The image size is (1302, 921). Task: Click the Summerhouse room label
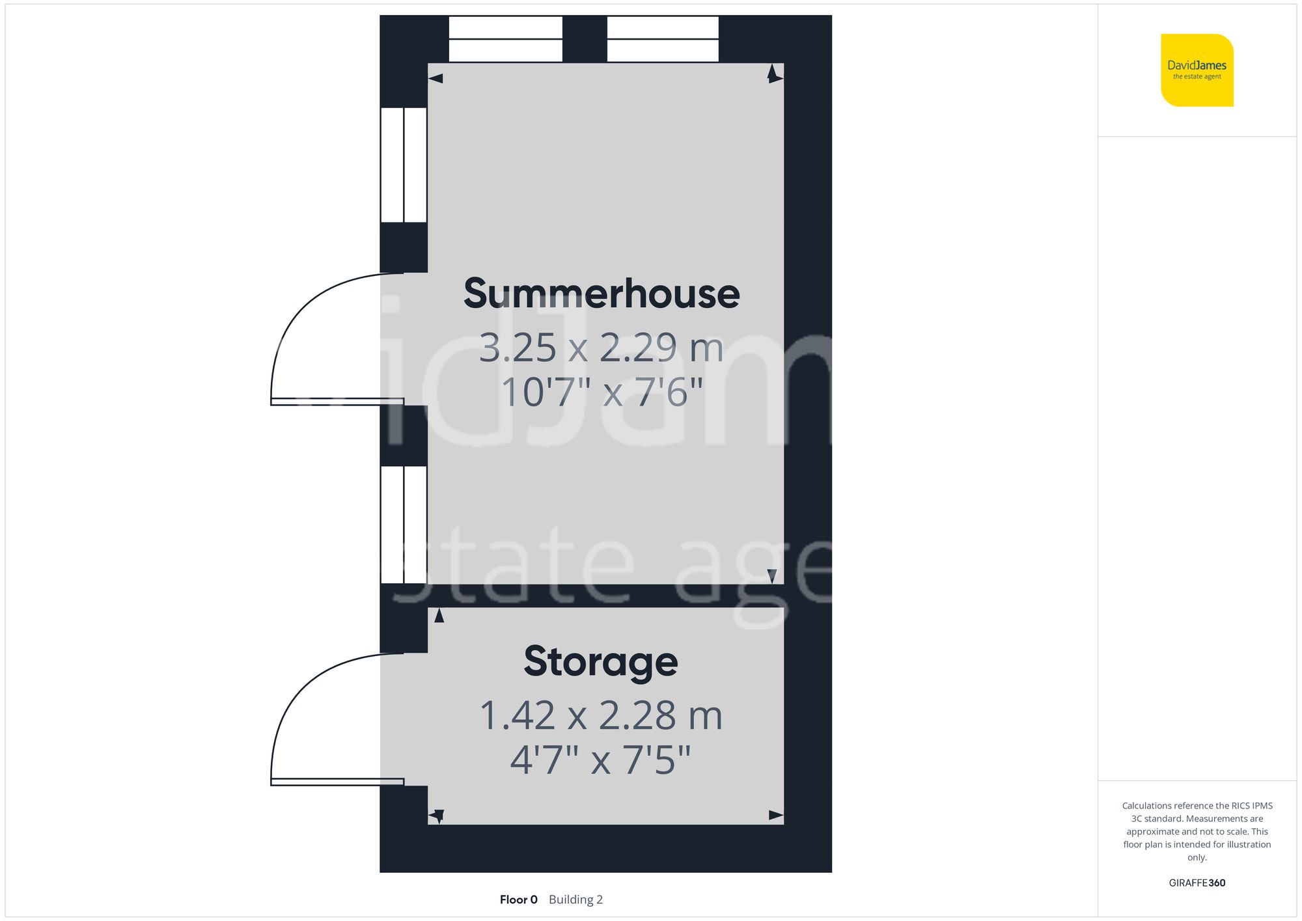[x=602, y=294]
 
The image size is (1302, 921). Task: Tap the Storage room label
[x=601, y=661]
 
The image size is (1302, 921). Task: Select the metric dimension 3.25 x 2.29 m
[x=602, y=348]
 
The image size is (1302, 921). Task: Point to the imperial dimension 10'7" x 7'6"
[x=602, y=392]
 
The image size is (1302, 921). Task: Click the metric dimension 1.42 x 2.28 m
[x=601, y=715]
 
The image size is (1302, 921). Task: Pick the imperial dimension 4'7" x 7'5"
[x=600, y=760]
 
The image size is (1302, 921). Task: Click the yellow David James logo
[x=1197, y=70]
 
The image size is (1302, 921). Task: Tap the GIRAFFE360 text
[x=1197, y=883]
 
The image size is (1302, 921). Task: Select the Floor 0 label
[x=518, y=900]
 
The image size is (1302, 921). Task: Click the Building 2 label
[x=575, y=900]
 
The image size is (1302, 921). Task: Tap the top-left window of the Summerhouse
[x=506, y=39]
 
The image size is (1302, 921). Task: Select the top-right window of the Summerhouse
[x=663, y=39]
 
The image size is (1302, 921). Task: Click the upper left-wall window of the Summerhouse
[x=404, y=165]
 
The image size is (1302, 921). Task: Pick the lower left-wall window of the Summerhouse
[x=404, y=525]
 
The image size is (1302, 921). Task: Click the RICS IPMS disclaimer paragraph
[x=1197, y=831]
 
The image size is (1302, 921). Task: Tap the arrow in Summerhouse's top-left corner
[x=436, y=79]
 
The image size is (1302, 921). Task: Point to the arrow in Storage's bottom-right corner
[x=776, y=815]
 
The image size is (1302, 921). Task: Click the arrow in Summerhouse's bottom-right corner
[x=772, y=576]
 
